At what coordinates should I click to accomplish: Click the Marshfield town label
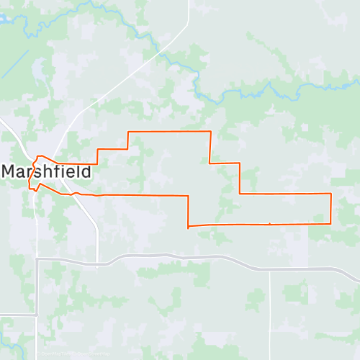47,172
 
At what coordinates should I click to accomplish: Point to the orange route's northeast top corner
210,132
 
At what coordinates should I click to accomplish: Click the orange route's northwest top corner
128,132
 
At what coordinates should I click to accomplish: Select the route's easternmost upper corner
330,194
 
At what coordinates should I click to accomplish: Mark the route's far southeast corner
330,223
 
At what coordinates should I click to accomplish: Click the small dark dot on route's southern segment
269,224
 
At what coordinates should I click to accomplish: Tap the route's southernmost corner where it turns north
188,227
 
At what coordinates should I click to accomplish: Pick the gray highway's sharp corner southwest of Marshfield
37,259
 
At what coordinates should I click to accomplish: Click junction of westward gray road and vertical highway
37,315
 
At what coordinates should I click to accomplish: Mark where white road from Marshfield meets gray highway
98,259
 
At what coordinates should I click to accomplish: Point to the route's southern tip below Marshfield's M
33,192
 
